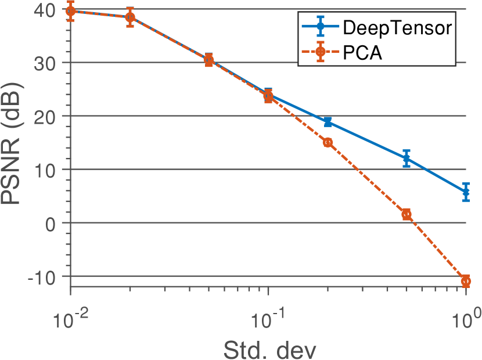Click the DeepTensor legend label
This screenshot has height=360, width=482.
[397, 27]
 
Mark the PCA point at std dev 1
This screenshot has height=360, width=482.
[466, 281]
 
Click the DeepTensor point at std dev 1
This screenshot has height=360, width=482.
[466, 192]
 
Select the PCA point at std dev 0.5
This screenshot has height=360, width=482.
[407, 214]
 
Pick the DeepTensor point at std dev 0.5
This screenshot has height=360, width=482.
[407, 159]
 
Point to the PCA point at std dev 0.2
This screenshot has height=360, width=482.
[328, 142]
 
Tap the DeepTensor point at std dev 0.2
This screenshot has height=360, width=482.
[328, 122]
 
